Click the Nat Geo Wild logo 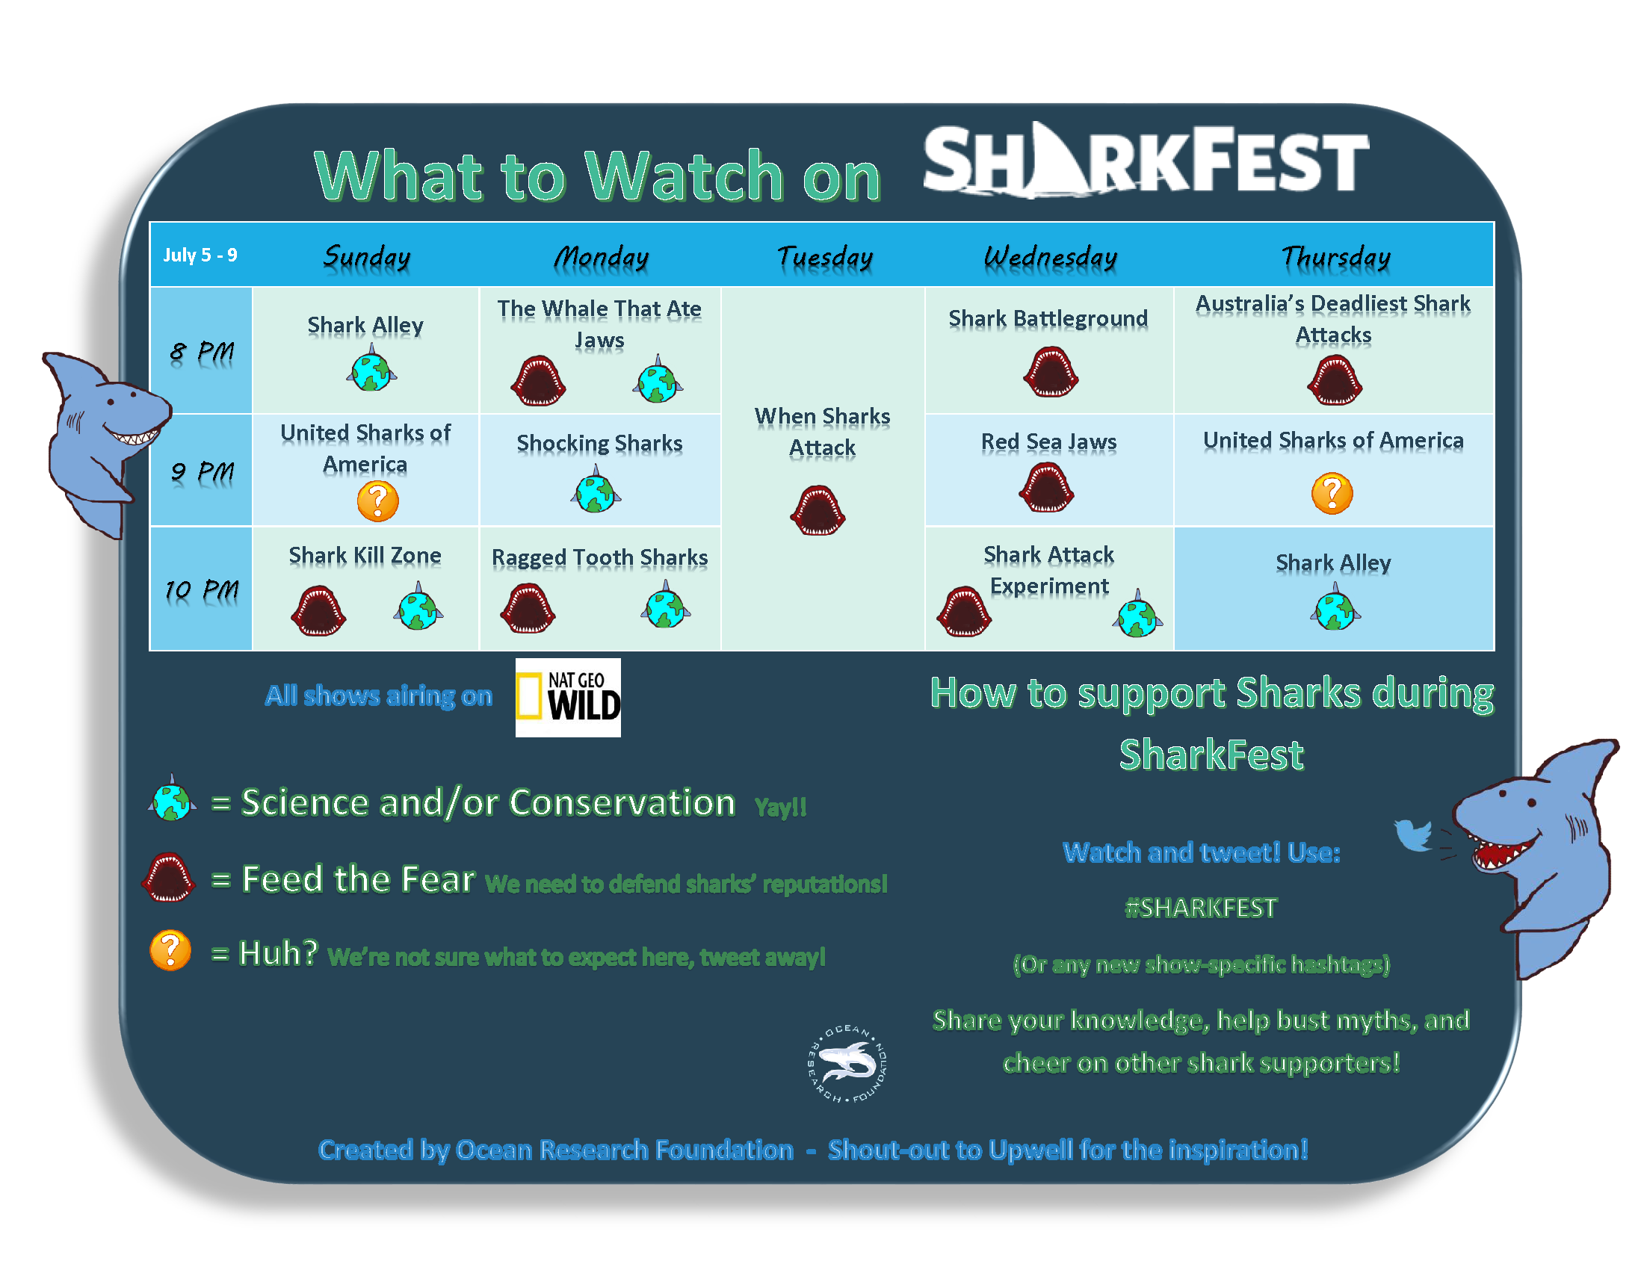click(x=568, y=698)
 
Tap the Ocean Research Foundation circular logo click(x=847, y=1063)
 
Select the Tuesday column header click(x=824, y=257)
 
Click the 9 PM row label click(x=202, y=472)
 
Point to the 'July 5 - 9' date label click(x=200, y=255)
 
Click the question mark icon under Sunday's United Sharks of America click(x=378, y=501)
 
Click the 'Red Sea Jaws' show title click(x=1048, y=442)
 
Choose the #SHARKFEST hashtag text click(x=1201, y=908)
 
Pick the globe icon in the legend click(x=173, y=799)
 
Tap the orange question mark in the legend click(x=170, y=950)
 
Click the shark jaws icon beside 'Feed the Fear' click(x=168, y=876)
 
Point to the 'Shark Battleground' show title click(x=1048, y=318)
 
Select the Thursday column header click(x=1335, y=257)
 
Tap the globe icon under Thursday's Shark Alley click(x=1335, y=608)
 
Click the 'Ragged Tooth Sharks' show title click(x=599, y=557)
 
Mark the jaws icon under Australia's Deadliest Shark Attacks click(x=1335, y=380)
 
